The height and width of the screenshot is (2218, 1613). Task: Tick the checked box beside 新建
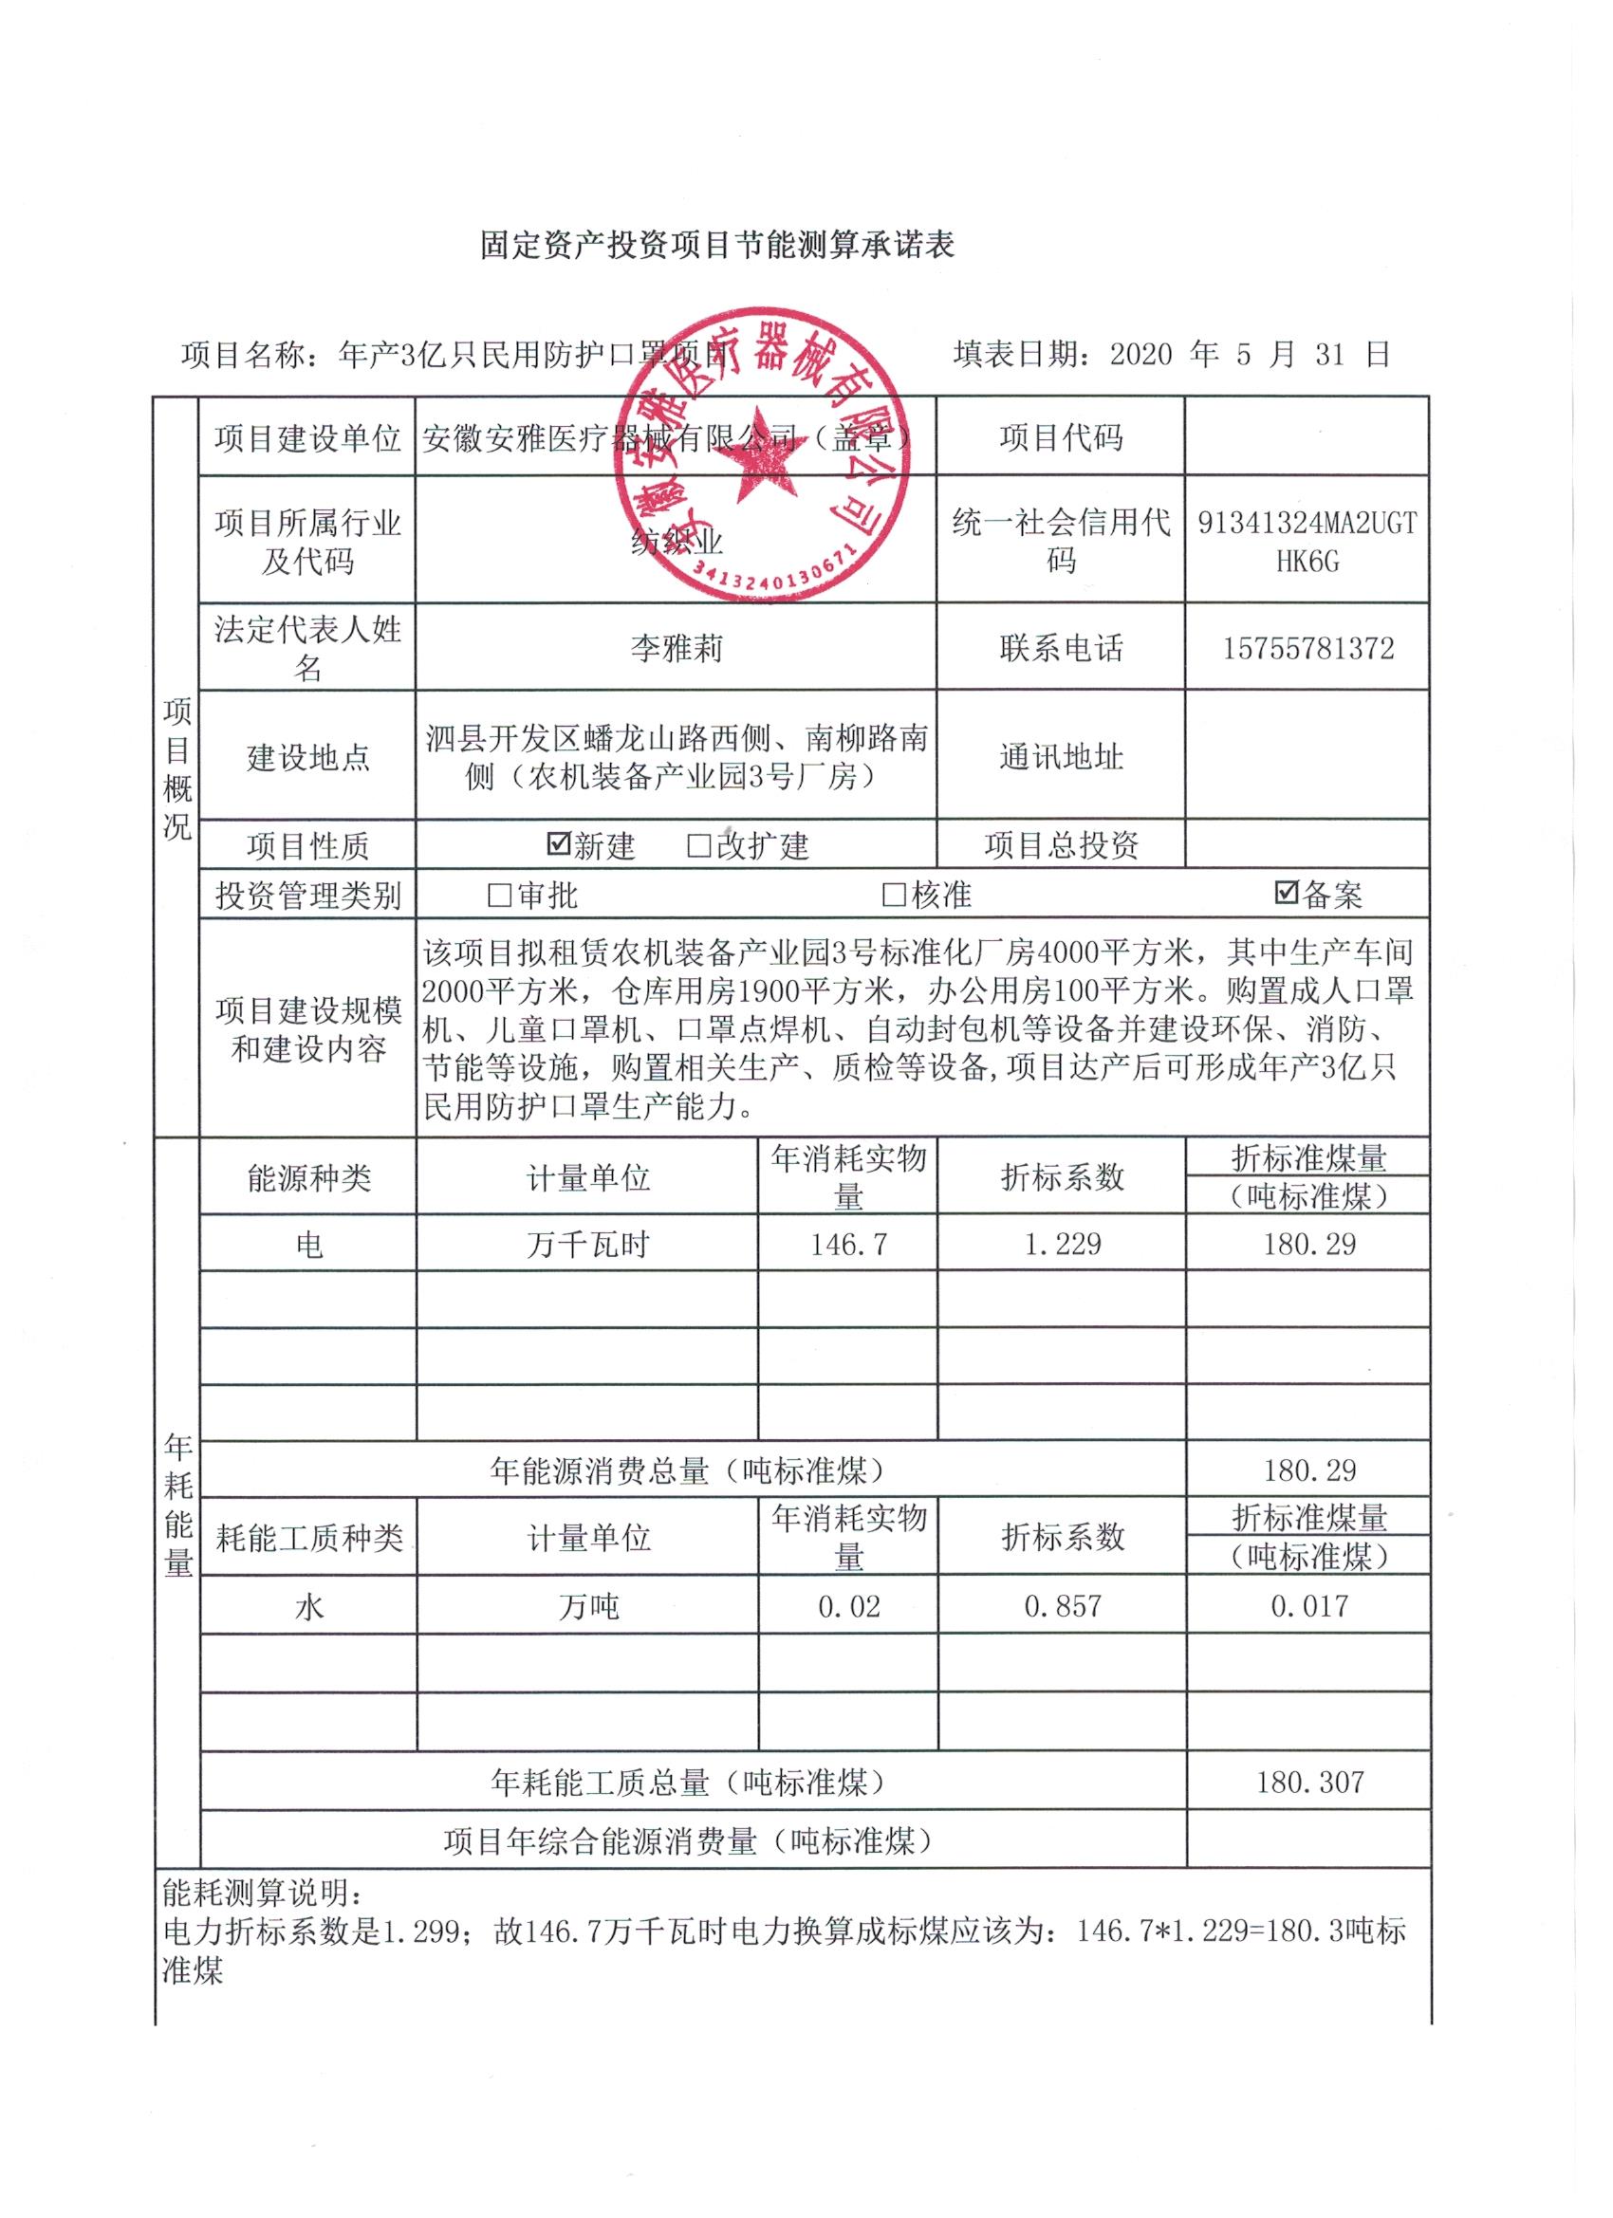tap(559, 843)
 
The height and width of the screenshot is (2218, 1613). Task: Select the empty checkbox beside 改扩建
tap(698, 845)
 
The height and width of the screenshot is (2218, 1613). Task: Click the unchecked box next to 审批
tap(500, 894)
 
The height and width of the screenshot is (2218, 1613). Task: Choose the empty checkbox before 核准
tap(894, 894)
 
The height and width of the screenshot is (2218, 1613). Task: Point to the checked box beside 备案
tap(1287, 892)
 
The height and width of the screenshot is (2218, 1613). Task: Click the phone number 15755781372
tap(1307, 648)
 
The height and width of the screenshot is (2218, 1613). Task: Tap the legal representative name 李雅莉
tap(676, 648)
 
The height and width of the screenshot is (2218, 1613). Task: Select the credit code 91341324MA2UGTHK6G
tap(1307, 543)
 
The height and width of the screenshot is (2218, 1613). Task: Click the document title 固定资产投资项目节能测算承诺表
tap(716, 245)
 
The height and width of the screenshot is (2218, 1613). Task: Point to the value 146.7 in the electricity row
tap(848, 1244)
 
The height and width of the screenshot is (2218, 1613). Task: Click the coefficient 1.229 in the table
tap(1062, 1244)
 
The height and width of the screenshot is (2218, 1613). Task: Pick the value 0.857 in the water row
tap(1062, 1606)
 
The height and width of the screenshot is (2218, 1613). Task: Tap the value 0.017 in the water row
tap(1308, 1606)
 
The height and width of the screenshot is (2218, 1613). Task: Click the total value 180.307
tap(1308, 1782)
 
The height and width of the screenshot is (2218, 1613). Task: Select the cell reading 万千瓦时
tap(587, 1245)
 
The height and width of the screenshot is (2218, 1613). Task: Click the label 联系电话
tap(1061, 648)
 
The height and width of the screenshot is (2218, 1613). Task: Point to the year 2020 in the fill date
tap(1140, 354)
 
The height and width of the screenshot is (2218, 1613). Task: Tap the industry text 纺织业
tap(676, 541)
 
